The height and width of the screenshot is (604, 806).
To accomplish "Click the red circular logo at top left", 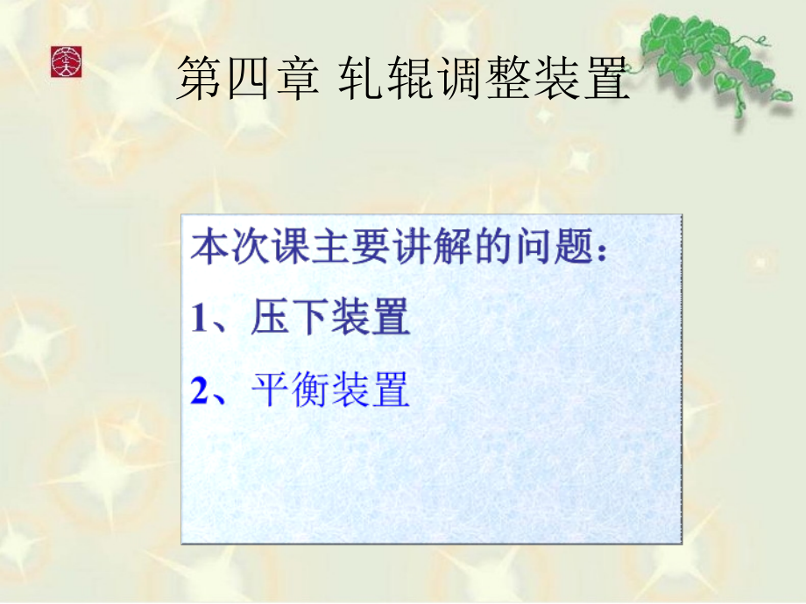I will pyautogui.click(x=67, y=61).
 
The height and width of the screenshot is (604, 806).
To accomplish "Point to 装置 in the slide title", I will pyautogui.click(x=583, y=77).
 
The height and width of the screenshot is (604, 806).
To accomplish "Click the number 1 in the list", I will pyautogui.click(x=199, y=320).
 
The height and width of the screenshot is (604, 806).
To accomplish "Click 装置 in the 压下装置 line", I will pyautogui.click(x=370, y=320).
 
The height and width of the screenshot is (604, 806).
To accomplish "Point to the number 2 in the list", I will pyautogui.click(x=199, y=390).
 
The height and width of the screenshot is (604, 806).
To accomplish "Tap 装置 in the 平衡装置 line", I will pyautogui.click(x=370, y=390).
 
